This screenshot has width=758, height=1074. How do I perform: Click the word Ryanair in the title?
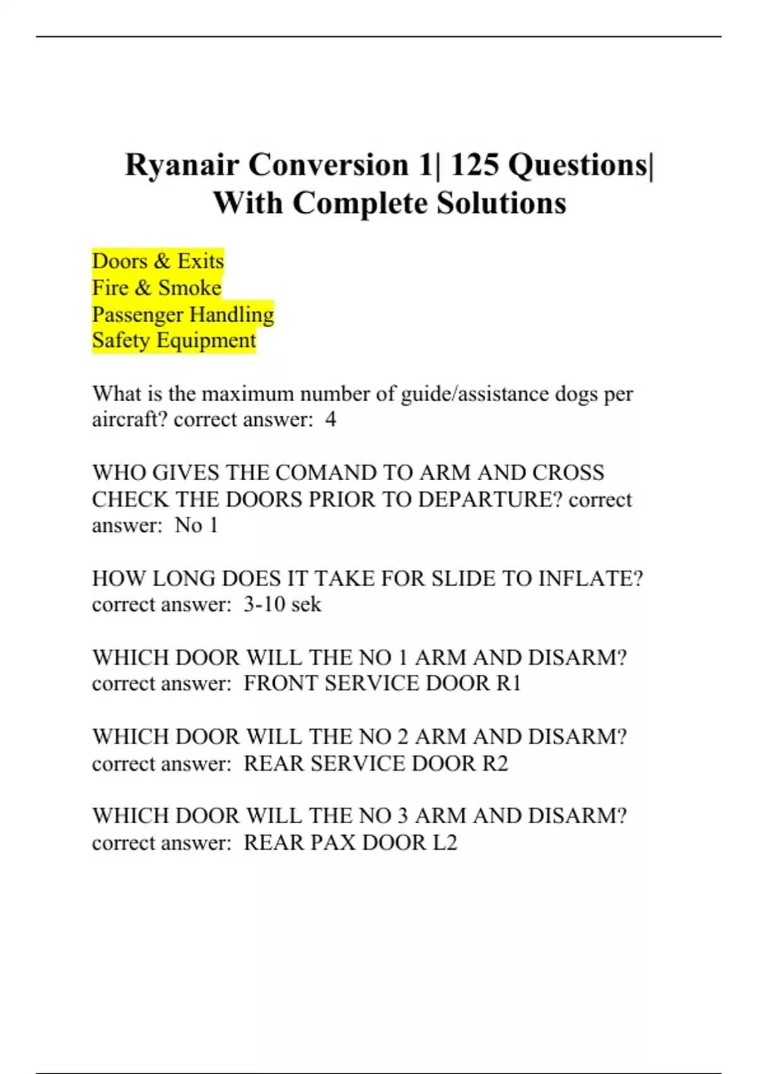coord(182,166)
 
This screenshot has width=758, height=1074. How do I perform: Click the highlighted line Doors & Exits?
coord(158,261)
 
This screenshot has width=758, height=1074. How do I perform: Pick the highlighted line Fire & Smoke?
coord(157,288)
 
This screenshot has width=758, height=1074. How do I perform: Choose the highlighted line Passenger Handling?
coord(183,315)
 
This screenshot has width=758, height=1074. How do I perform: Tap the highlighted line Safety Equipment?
coord(174,341)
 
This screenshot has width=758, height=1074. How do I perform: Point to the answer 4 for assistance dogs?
coord(330,420)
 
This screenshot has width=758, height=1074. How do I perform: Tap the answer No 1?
coord(196,526)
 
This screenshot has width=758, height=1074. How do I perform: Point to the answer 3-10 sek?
coord(282,605)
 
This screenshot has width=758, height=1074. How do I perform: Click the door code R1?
coord(508,684)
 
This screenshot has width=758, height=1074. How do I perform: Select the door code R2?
coord(495,764)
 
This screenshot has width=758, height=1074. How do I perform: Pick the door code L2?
coord(444,843)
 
